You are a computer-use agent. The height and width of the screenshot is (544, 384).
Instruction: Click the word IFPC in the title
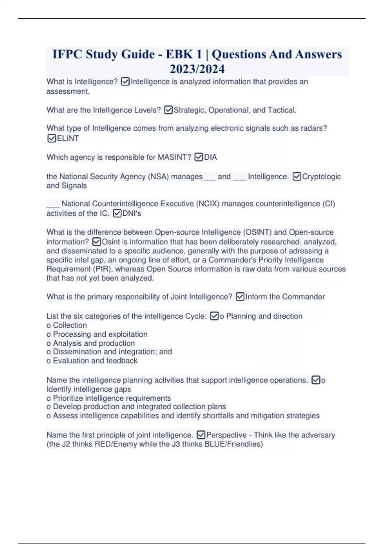click(67, 54)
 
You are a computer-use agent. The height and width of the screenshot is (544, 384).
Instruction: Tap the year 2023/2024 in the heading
click(197, 69)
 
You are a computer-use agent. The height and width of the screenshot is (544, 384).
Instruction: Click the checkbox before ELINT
click(52, 138)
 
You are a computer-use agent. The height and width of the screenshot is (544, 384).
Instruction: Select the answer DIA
click(211, 157)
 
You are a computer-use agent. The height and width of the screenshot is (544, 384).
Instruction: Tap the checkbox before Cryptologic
click(297, 176)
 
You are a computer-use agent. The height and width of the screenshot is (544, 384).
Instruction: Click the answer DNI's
click(132, 213)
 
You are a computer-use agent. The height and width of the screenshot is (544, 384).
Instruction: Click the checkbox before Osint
click(96, 242)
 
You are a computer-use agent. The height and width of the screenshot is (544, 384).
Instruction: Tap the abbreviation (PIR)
click(102, 269)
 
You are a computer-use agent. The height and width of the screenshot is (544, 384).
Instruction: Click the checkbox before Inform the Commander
click(240, 297)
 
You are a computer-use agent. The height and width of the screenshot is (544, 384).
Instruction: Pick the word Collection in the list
click(70, 325)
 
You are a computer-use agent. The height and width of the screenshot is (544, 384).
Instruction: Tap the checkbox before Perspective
click(201, 435)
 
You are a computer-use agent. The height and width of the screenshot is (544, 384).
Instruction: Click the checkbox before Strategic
click(168, 110)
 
